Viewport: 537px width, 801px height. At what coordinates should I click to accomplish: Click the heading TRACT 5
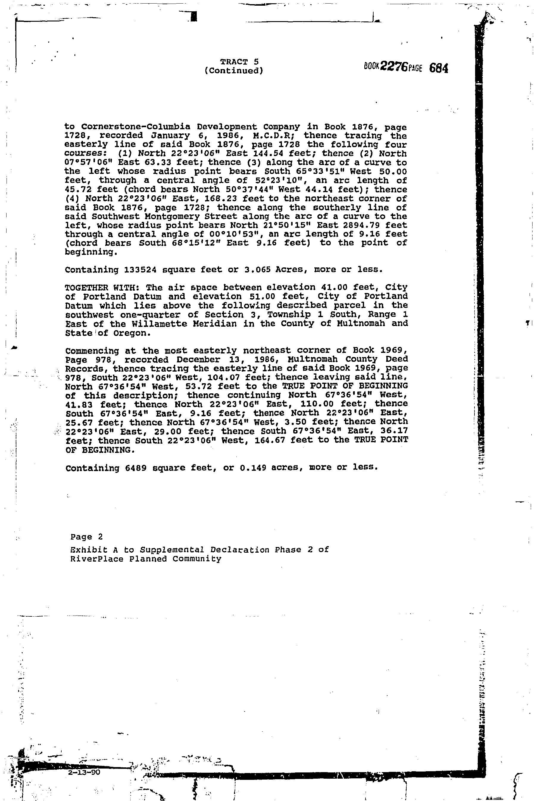[x=239, y=62]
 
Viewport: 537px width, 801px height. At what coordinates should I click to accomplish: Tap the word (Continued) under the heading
[x=234, y=71]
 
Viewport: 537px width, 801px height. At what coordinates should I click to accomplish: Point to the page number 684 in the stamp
[x=438, y=68]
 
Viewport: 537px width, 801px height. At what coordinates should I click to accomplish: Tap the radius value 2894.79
[x=363, y=225]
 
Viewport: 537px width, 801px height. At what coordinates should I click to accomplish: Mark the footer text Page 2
[x=87, y=537]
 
